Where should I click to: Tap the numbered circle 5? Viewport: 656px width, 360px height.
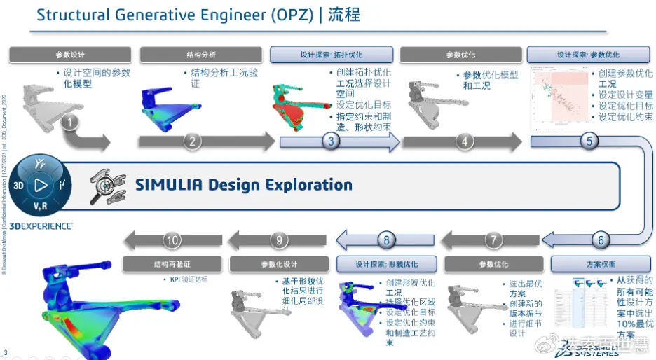tap(589, 141)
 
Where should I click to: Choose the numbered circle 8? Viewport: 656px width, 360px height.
tap(386, 240)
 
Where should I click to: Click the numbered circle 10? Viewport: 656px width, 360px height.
tap(172, 240)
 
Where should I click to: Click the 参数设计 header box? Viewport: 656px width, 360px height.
tap(69, 55)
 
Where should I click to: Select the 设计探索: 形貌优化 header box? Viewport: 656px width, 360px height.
tap(387, 264)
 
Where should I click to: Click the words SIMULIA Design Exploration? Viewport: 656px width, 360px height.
tap(243, 185)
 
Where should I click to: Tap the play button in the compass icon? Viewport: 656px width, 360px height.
tap(41, 185)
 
